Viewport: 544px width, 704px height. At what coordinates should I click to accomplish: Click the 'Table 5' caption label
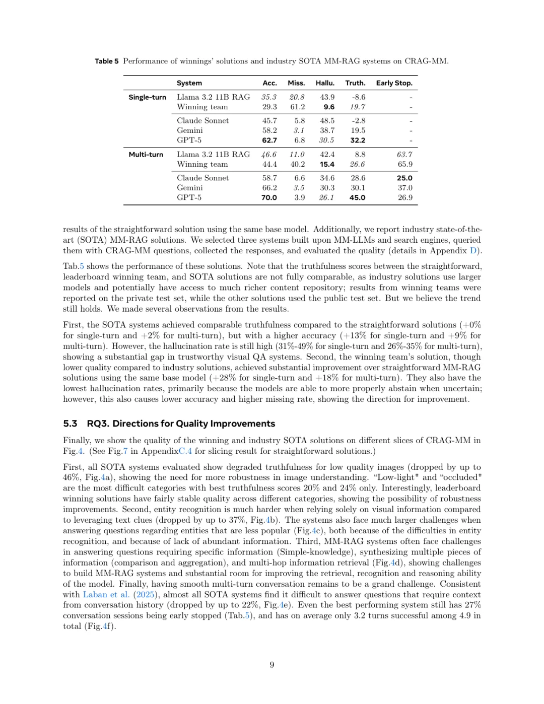pyautogui.click(x=106, y=61)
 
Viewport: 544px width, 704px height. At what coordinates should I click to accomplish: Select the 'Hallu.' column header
pyautogui.click(x=325, y=83)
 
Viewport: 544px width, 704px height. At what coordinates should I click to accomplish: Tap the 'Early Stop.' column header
pyautogui.click(x=394, y=83)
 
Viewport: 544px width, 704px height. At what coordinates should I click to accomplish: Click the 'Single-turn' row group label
pyautogui.click(x=147, y=97)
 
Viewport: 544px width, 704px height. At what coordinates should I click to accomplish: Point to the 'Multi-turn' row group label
pyautogui.click(x=146, y=155)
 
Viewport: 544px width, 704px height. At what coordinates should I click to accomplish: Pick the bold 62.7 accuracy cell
pyautogui.click(x=269, y=140)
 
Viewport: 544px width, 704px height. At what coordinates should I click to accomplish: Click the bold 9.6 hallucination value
pyautogui.click(x=329, y=107)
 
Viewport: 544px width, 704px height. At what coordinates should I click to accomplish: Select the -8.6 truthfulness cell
pyautogui.click(x=358, y=97)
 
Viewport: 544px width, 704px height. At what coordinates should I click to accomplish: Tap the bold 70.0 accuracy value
pyautogui.click(x=269, y=198)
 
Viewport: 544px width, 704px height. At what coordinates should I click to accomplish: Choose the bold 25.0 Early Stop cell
pyautogui.click(x=404, y=178)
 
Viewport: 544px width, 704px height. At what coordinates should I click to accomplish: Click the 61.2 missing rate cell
pyautogui.click(x=297, y=107)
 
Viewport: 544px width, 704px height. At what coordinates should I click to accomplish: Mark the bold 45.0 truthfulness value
pyautogui.click(x=357, y=198)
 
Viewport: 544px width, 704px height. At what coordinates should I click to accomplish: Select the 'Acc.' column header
pyautogui.click(x=269, y=83)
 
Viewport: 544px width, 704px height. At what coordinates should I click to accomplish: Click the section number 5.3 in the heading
pyautogui.click(x=70, y=424)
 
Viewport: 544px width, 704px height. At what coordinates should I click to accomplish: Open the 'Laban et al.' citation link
pyautogui.click(x=106, y=595)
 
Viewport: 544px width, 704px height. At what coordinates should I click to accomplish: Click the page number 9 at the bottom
pyautogui.click(x=272, y=665)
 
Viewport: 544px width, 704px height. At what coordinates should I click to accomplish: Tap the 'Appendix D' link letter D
pyautogui.click(x=473, y=251)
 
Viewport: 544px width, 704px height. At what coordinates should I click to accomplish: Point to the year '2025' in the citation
pyautogui.click(x=145, y=595)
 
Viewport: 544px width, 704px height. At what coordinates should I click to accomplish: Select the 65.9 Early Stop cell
pyautogui.click(x=405, y=164)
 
